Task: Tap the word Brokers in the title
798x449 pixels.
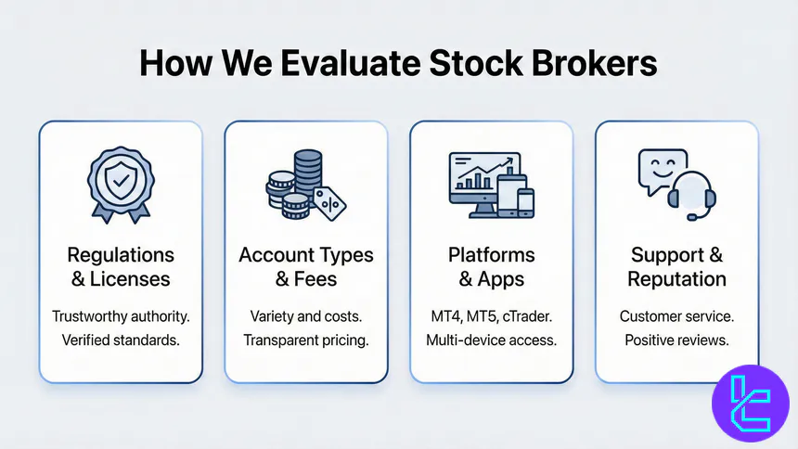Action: [x=594, y=62]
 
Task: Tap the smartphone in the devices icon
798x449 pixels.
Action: [x=526, y=203]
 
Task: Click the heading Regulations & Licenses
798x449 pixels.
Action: [x=120, y=266]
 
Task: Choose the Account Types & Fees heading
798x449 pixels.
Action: [x=305, y=266]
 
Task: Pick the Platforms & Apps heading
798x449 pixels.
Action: [x=491, y=266]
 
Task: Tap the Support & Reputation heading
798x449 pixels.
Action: [x=676, y=266]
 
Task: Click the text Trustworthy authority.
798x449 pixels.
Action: [x=120, y=316]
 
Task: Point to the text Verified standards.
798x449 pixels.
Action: [x=120, y=340]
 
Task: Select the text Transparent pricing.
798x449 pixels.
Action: [x=305, y=340]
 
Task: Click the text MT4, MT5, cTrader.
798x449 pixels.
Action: [x=491, y=316]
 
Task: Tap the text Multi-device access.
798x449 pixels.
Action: [x=491, y=340]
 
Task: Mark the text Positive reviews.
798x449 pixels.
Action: [x=676, y=340]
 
